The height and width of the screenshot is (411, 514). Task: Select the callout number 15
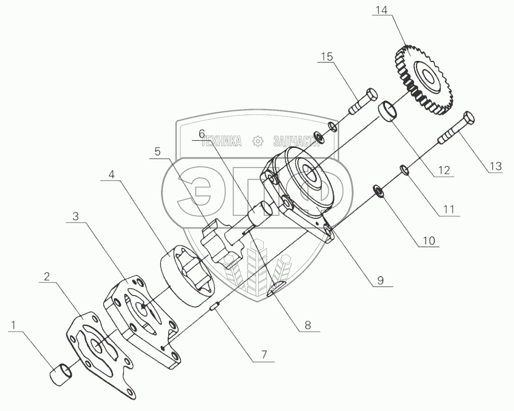pyautogui.click(x=326, y=56)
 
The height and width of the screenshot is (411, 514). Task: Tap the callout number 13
pyautogui.click(x=496, y=166)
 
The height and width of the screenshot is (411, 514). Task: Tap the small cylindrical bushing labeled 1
pyautogui.click(x=61, y=376)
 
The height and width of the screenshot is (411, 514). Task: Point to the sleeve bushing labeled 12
pyautogui.click(x=389, y=112)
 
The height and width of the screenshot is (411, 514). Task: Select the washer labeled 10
pyautogui.click(x=379, y=190)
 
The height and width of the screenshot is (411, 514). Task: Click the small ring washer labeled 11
pyautogui.click(x=404, y=170)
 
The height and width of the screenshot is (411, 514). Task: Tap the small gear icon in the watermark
pyautogui.click(x=257, y=141)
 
